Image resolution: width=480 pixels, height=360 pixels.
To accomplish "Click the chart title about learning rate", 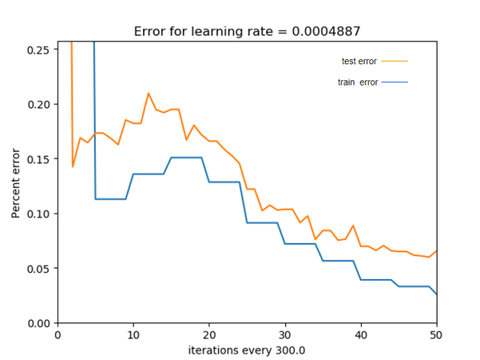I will tap(247, 32).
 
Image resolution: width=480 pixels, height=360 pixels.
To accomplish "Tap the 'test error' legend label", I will tap(359, 61).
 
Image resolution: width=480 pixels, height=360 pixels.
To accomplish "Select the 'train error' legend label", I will tap(357, 83).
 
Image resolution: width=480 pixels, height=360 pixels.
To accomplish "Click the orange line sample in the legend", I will tap(394, 61).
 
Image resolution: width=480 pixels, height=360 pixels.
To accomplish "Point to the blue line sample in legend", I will tap(394, 83).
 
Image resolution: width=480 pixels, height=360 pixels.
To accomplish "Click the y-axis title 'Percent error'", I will tap(16, 183).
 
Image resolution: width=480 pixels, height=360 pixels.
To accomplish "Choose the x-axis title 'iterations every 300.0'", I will tap(247, 351).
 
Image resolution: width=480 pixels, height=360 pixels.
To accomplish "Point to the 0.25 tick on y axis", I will tap(41, 49).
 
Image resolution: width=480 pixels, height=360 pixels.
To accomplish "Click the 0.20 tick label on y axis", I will tap(41, 104).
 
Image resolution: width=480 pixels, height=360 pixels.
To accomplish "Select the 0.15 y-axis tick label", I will tap(41, 158).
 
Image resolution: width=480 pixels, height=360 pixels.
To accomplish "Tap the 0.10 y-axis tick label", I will tap(41, 213).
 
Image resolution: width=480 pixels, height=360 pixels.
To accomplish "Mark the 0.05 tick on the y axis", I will tap(41, 268).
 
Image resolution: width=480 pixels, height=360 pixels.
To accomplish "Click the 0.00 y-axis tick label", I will tap(41, 323).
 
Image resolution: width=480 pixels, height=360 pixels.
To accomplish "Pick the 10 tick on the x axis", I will tap(133, 335).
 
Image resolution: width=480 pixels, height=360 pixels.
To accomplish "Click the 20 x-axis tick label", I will tap(209, 335).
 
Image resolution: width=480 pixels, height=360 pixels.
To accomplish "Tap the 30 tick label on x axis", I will tap(285, 335).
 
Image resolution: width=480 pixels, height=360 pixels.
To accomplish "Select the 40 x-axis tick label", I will tap(361, 335).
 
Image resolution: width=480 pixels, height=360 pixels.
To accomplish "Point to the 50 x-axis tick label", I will tap(436, 335).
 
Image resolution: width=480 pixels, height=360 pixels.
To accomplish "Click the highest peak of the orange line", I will tap(149, 93).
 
